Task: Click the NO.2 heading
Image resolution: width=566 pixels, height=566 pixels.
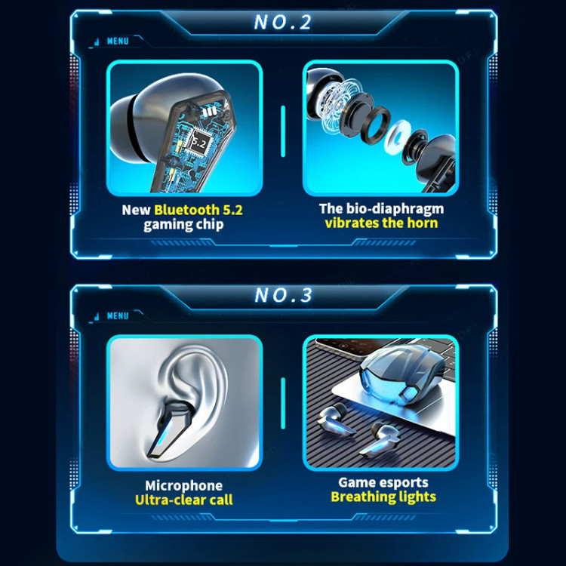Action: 283,22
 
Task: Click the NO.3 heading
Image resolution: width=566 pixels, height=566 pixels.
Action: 283,295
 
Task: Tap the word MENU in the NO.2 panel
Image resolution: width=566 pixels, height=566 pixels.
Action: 118,42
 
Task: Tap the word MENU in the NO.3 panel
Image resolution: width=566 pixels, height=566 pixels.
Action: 118,316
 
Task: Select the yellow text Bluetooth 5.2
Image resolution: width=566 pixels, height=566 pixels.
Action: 198,210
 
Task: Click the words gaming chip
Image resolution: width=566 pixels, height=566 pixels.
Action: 183,225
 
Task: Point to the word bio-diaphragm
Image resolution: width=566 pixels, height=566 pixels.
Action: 395,208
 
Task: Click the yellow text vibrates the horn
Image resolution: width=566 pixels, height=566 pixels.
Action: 381,223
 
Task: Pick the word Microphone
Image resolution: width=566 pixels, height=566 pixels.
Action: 183,485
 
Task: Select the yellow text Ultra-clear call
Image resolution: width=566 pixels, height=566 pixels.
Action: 183,500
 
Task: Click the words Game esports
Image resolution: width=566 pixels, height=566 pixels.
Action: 383,482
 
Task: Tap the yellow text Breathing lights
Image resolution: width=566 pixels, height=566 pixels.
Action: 383,497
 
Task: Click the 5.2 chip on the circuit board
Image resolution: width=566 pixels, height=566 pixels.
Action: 197,142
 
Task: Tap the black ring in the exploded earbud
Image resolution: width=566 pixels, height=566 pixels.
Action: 375,125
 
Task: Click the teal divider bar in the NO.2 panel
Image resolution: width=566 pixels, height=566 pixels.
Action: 283,131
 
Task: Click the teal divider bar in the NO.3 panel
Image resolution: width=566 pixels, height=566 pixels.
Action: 283,403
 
